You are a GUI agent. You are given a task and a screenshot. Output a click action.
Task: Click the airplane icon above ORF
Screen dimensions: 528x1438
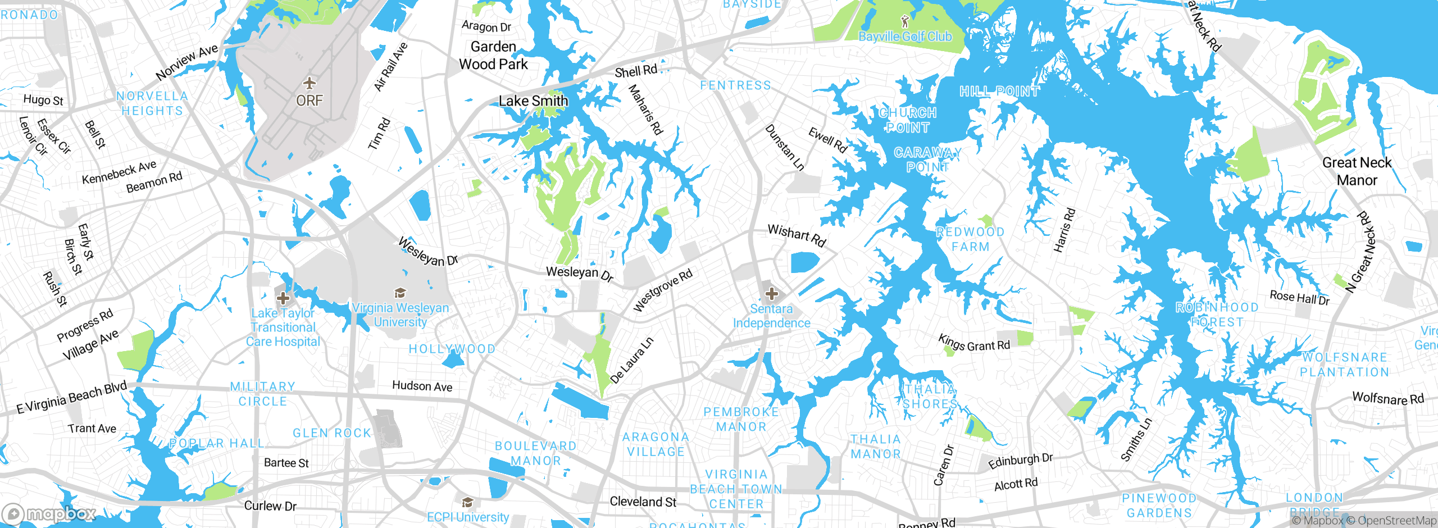(309, 84)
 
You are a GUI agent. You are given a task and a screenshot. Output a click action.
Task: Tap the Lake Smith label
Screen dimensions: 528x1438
(533, 101)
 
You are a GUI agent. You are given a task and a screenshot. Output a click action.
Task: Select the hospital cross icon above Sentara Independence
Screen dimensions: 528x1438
(772, 293)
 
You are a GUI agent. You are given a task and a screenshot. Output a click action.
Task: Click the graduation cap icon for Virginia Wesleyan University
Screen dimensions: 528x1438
(400, 293)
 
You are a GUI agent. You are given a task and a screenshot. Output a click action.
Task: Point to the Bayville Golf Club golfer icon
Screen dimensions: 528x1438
(904, 22)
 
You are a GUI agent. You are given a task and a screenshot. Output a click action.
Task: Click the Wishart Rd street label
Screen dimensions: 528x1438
(797, 235)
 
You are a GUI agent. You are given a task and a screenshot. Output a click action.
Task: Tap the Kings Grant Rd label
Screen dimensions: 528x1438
(973, 342)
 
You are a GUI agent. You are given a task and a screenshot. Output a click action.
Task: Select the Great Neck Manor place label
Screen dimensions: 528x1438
(1357, 171)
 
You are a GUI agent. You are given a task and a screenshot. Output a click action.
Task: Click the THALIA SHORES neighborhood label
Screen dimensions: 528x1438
(930, 397)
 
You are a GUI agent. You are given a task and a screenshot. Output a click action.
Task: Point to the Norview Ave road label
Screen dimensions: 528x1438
(186, 62)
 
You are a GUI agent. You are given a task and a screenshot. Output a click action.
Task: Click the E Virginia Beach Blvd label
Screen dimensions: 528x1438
(72, 397)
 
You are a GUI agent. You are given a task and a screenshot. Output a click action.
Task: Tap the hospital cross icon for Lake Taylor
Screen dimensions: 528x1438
(283, 298)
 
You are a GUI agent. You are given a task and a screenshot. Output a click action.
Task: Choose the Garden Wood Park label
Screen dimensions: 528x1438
(493, 56)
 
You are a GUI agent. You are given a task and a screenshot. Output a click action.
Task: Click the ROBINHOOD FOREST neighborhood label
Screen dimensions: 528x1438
(1217, 315)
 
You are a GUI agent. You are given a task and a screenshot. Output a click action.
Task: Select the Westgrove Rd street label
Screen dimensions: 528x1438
(663, 290)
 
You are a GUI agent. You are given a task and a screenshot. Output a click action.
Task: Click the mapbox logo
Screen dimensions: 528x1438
(49, 514)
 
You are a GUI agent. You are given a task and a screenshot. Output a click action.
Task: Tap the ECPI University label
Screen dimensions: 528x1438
(468, 517)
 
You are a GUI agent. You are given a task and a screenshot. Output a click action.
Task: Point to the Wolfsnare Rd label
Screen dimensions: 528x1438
(1387, 398)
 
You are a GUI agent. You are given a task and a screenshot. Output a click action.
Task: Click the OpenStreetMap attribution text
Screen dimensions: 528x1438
(1396, 521)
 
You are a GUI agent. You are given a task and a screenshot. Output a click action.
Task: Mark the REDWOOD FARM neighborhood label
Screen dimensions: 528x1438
(970, 239)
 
